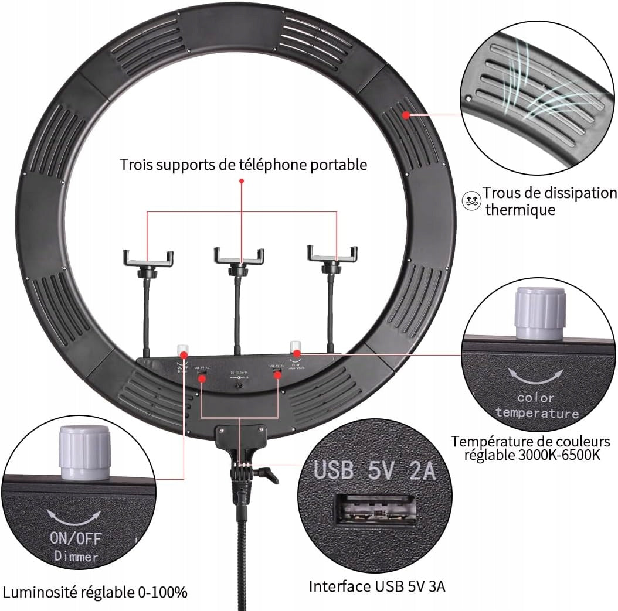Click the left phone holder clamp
tap(148, 258)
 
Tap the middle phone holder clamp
tap(239, 256)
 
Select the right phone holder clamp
tap(332, 254)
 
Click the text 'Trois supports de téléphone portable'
tap(243, 165)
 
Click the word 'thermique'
tap(520, 210)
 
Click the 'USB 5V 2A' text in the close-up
tap(375, 470)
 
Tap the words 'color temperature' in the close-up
tap(536, 405)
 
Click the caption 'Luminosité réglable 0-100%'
tap(94, 592)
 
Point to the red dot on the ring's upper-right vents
tap(406, 115)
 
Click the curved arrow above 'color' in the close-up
tap(536, 376)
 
